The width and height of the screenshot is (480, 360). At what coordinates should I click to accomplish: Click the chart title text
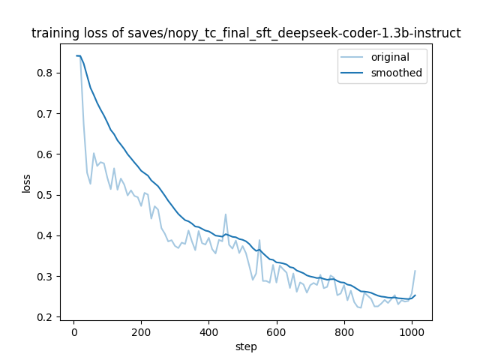point(246,34)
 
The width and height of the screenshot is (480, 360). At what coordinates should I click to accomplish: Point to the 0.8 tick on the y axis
point(46,73)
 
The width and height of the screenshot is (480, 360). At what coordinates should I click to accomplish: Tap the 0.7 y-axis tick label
point(46,114)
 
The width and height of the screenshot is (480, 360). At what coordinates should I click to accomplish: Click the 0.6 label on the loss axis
point(46,154)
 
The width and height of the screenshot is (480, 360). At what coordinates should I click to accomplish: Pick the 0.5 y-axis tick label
point(46,195)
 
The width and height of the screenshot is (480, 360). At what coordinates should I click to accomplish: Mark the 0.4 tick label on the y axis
point(46,235)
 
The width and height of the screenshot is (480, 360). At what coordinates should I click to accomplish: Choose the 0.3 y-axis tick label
point(46,277)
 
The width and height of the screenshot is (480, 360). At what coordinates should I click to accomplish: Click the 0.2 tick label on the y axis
point(46,317)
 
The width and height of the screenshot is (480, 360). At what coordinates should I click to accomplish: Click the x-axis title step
point(246,346)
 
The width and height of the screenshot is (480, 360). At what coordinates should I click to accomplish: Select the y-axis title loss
point(26,183)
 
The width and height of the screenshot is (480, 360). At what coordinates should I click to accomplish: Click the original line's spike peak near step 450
point(226,214)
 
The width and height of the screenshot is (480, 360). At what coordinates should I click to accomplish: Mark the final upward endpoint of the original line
point(415,271)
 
